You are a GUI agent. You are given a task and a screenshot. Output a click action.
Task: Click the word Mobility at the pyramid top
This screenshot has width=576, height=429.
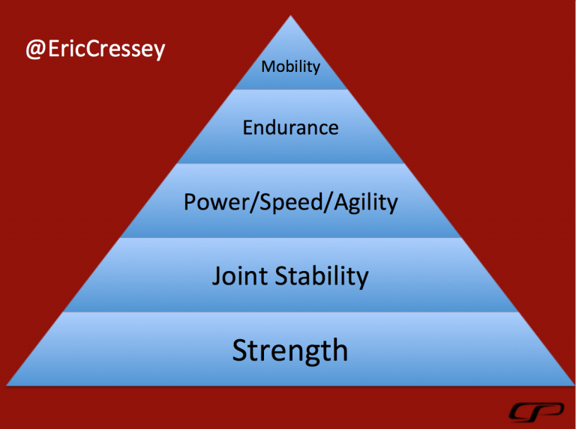(290, 67)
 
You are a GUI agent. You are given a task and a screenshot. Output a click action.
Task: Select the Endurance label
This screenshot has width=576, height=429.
(290, 127)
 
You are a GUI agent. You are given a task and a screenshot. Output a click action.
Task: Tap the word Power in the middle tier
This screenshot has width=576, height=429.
(216, 202)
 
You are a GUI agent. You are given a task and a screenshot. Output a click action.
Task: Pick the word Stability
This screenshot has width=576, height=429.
(322, 276)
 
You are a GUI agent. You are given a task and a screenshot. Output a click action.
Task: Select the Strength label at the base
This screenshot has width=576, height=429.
(290, 351)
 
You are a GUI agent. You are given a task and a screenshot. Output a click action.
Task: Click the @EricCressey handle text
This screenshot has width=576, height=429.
(95, 49)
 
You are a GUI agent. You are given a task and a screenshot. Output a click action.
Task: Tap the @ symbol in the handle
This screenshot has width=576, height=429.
(35, 50)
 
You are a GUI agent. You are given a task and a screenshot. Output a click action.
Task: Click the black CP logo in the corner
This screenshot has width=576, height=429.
(536, 412)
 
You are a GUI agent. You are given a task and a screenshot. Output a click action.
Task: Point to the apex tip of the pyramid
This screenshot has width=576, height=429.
(290, 16)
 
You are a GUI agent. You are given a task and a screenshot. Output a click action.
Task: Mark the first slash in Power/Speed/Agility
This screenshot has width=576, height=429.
(253, 202)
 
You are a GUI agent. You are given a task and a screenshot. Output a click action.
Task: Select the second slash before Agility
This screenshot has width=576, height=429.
(327, 202)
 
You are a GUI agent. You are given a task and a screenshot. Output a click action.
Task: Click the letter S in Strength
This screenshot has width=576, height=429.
(241, 350)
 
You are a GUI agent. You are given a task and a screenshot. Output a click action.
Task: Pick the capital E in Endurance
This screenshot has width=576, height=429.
(248, 127)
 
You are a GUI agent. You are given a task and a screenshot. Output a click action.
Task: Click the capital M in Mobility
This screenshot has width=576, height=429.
(268, 67)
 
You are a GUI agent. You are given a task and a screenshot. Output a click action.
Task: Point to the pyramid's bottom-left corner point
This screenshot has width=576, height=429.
(7, 386)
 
